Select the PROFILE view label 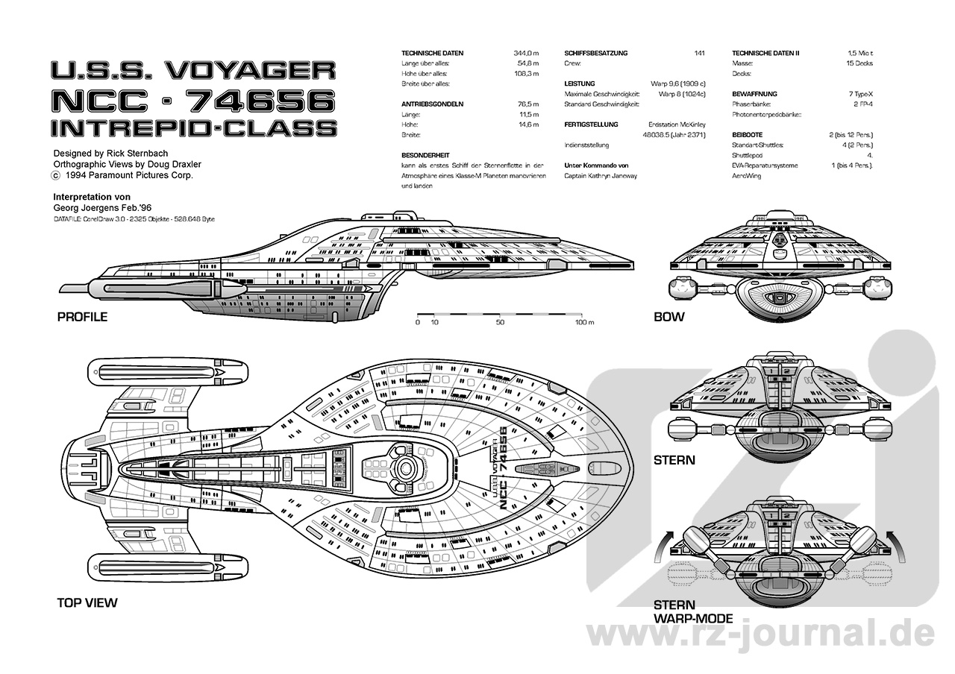point(82,317)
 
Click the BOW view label point(668,317)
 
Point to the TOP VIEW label point(87,602)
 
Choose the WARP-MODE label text point(693,618)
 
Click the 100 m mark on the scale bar point(584,323)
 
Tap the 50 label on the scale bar point(500,323)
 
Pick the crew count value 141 point(699,54)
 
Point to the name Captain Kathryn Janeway point(601,176)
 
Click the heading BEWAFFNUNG point(754,94)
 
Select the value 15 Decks point(859,63)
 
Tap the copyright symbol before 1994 point(54,176)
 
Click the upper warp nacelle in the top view point(168,371)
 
